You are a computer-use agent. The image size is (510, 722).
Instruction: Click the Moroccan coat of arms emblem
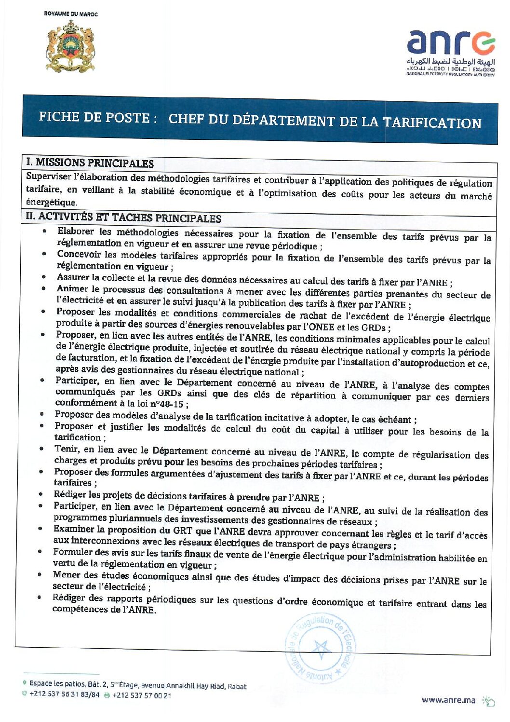70,47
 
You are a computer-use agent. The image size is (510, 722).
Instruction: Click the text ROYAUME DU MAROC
70,14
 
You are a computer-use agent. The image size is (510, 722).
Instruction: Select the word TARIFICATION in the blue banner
432,123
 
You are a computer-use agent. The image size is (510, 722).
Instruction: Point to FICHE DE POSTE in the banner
94,117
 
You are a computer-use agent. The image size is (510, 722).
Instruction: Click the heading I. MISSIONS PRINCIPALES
90,163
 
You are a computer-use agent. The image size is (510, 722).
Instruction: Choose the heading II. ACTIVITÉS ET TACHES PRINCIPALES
123,218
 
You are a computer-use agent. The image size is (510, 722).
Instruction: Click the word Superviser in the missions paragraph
49,177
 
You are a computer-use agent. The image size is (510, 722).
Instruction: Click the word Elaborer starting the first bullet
76,232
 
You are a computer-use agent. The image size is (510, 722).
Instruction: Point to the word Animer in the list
72,289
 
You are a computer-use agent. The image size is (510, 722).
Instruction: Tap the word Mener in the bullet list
67,575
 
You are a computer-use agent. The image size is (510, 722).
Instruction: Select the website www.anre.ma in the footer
448,700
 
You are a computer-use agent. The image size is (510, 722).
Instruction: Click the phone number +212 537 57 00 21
141,695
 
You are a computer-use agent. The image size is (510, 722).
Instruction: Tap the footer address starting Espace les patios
138,685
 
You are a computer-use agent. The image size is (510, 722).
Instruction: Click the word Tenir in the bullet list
66,450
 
